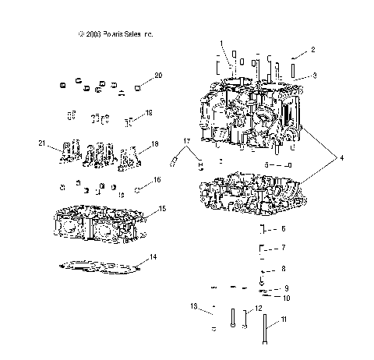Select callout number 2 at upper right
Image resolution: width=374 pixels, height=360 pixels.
pos(313,49)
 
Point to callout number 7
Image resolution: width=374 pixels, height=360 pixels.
pos(284,247)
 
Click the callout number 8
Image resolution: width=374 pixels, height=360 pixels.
pos(284,269)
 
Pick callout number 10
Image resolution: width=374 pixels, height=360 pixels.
pos(286,298)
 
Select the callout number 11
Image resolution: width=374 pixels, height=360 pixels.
pos(284,319)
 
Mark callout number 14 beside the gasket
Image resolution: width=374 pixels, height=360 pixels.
pos(153,256)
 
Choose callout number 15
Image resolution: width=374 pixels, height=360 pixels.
pos(162,208)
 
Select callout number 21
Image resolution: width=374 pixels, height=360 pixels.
pos(42,143)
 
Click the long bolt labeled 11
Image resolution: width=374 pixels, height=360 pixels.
pos(267,330)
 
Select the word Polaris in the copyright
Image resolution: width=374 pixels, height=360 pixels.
pos(111,34)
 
